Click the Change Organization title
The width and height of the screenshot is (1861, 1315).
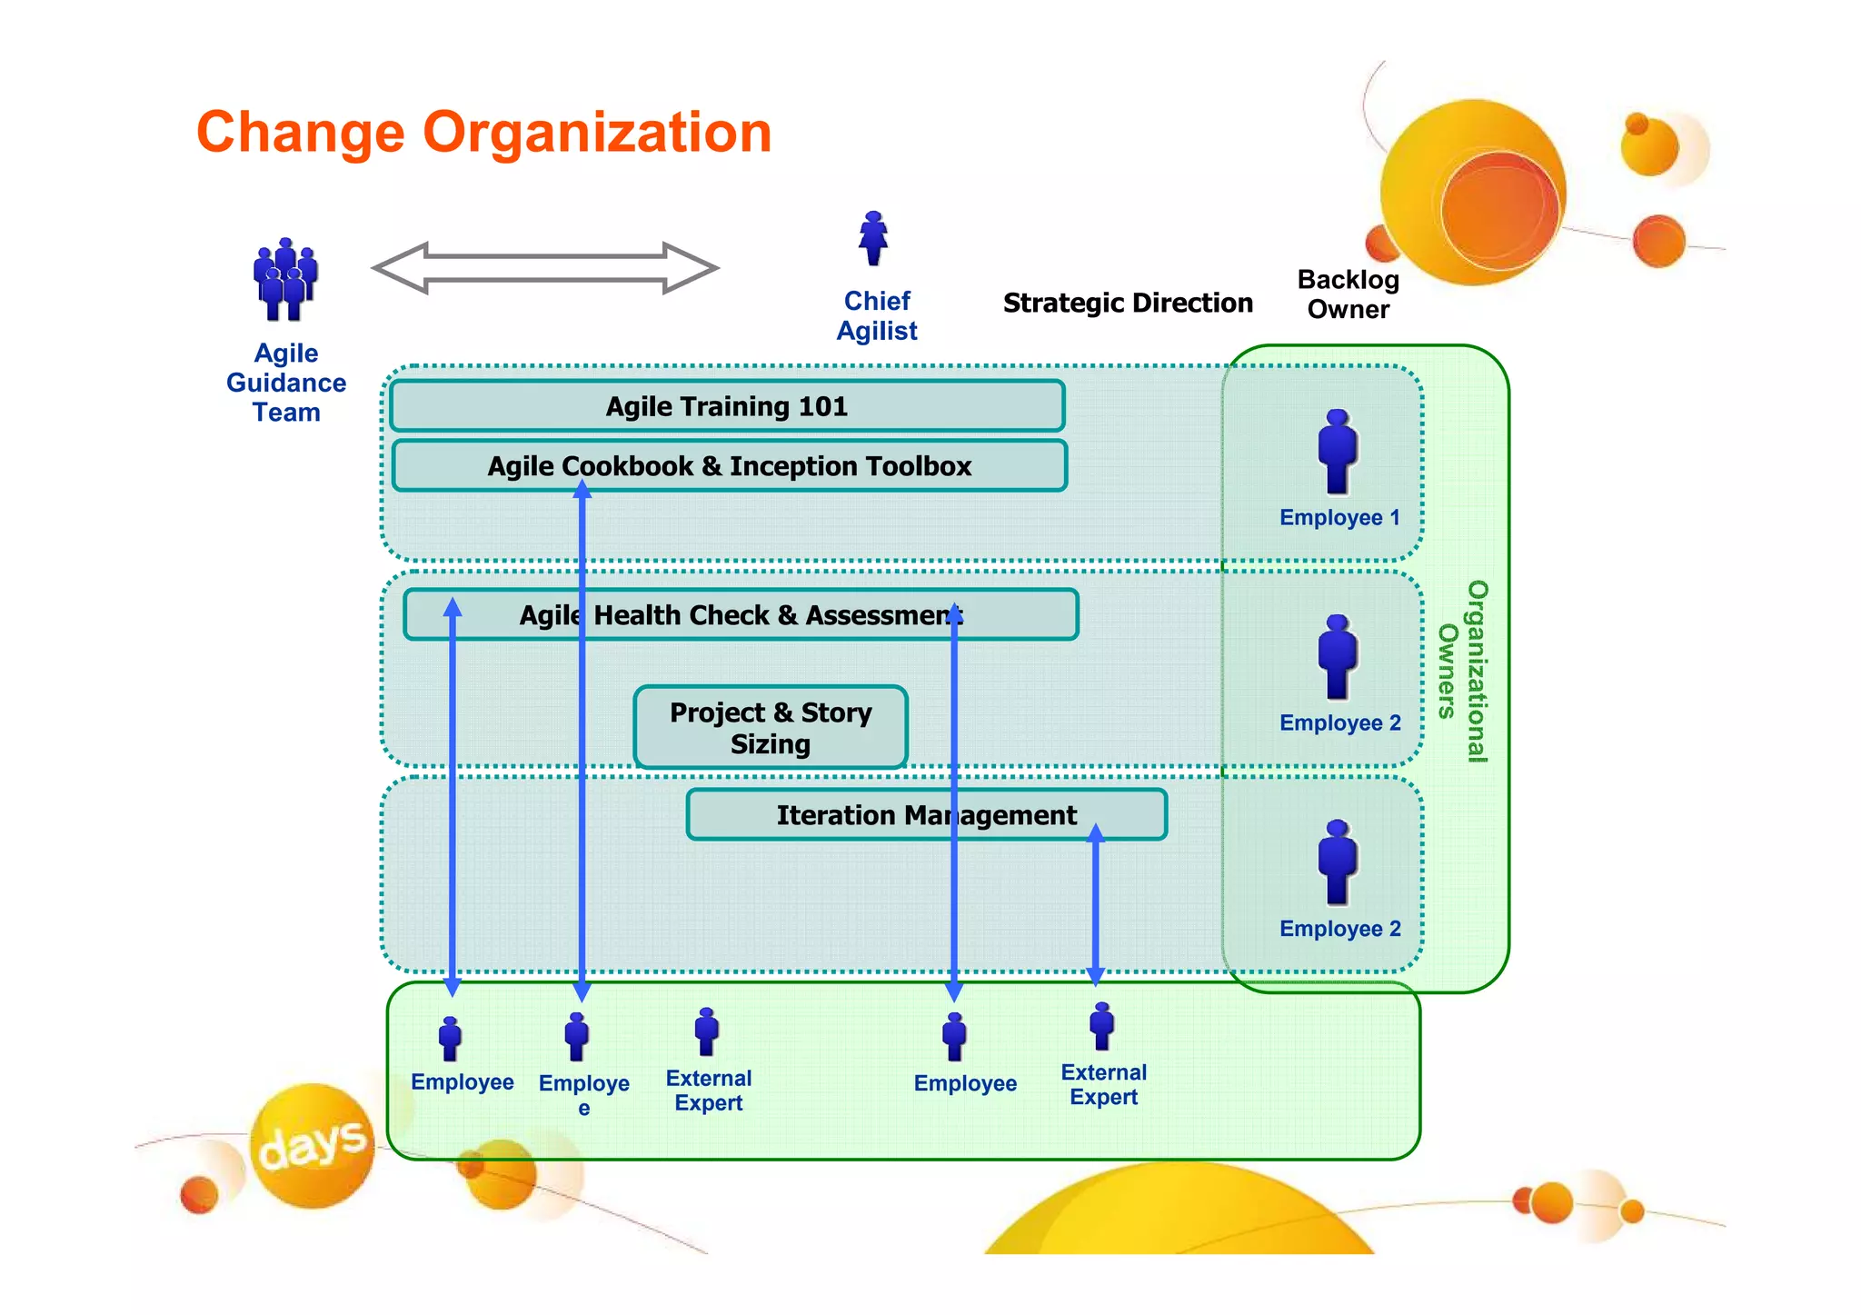(483, 133)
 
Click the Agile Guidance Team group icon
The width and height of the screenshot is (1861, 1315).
(284, 280)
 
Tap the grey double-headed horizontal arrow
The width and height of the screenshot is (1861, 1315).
(545, 268)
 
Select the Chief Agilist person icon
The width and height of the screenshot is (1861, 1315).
(873, 238)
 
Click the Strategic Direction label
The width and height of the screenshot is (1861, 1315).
(1128, 304)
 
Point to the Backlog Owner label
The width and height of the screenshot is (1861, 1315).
(1348, 294)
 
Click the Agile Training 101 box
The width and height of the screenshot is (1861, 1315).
(727, 406)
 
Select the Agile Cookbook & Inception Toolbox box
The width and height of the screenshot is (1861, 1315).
(729, 466)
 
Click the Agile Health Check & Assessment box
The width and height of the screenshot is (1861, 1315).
(741, 615)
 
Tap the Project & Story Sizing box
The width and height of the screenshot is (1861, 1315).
(771, 728)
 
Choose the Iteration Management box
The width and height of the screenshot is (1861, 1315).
(926, 815)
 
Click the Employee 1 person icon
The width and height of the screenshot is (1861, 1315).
(1338, 453)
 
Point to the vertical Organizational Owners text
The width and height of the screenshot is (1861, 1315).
(1463, 671)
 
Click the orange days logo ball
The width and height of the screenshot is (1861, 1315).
(313, 1145)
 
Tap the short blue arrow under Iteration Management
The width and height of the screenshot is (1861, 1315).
(1095, 904)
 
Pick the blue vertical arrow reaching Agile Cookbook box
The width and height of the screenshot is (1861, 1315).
(582, 741)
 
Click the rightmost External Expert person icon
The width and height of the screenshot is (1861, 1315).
(1101, 1027)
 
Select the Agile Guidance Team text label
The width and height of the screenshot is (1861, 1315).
(286, 383)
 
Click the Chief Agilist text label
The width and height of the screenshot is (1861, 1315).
(877, 316)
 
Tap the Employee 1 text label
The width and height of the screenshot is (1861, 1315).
(1339, 518)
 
